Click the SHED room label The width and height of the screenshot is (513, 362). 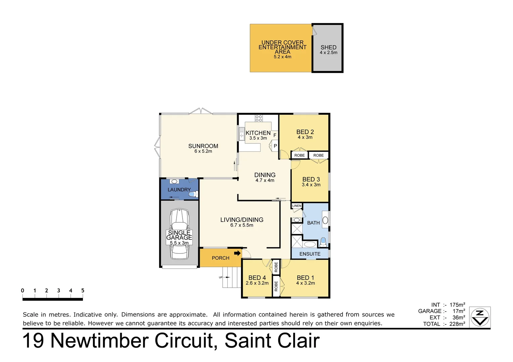[328, 48]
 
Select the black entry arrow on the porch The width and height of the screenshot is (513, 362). [237, 253]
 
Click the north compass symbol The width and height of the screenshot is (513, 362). [480, 317]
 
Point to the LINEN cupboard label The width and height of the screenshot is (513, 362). [297, 206]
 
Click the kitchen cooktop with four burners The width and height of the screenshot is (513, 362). [259, 118]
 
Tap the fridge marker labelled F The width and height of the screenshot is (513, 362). [275, 135]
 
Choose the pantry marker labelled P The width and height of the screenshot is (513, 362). [275, 146]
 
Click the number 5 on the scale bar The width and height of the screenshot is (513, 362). [83, 291]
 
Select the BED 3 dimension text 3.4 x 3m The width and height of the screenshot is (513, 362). [311, 185]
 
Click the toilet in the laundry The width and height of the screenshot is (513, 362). [194, 194]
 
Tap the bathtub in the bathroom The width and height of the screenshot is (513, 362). [310, 244]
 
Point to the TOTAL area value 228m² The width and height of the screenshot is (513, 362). [457, 324]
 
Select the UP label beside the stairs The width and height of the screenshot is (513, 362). [221, 277]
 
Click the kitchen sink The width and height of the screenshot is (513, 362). [242, 134]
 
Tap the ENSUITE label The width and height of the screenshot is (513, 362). [310, 254]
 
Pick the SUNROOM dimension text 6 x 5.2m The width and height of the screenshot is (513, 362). [203, 152]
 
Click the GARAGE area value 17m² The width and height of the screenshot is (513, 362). [459, 311]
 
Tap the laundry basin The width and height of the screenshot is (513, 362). [174, 181]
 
